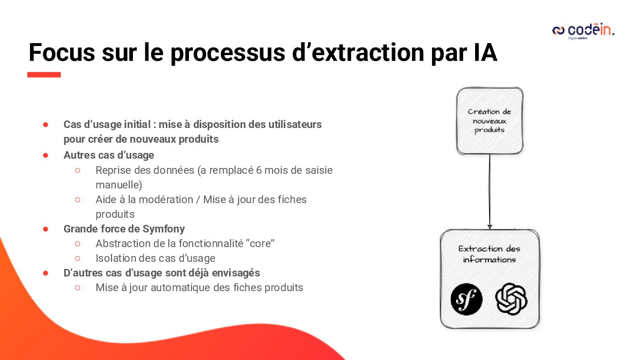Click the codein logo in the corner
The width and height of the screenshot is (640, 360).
583,31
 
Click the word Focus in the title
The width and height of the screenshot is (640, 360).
62,52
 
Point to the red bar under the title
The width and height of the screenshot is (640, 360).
44,75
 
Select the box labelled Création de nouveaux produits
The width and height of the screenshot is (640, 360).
489,121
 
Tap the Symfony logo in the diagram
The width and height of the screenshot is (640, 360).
466,299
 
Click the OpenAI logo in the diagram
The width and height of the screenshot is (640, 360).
511,299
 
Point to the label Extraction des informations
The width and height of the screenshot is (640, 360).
489,254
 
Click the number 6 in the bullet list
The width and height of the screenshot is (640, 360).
259,170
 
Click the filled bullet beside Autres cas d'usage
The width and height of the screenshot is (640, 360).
45,155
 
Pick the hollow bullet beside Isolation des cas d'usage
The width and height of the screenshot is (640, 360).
77,258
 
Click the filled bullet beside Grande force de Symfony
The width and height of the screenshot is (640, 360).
45,229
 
